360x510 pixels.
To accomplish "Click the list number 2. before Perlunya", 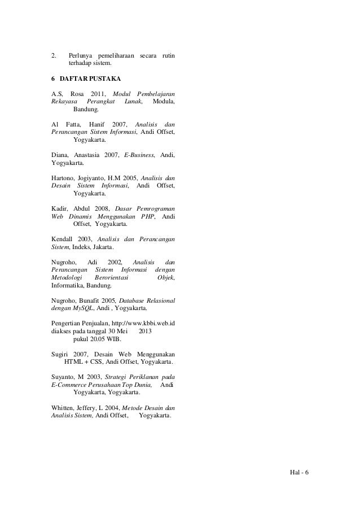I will click(54, 56).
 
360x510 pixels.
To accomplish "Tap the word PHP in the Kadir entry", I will click(148, 216).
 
